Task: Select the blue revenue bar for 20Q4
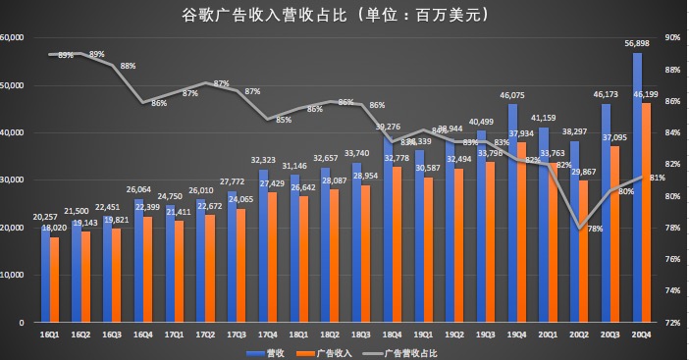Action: pyautogui.click(x=637, y=186)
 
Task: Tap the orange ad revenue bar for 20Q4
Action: pyautogui.click(x=646, y=212)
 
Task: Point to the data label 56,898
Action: pyautogui.click(x=635, y=43)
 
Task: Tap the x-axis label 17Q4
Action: pyautogui.click(x=267, y=334)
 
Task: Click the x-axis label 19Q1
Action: pyautogui.click(x=422, y=334)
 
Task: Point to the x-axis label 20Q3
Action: pyautogui.click(x=610, y=334)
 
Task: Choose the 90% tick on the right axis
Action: pyautogui.click(x=673, y=37)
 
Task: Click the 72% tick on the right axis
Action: pyautogui.click(x=673, y=322)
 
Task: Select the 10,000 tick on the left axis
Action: pyautogui.click(x=13, y=275)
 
